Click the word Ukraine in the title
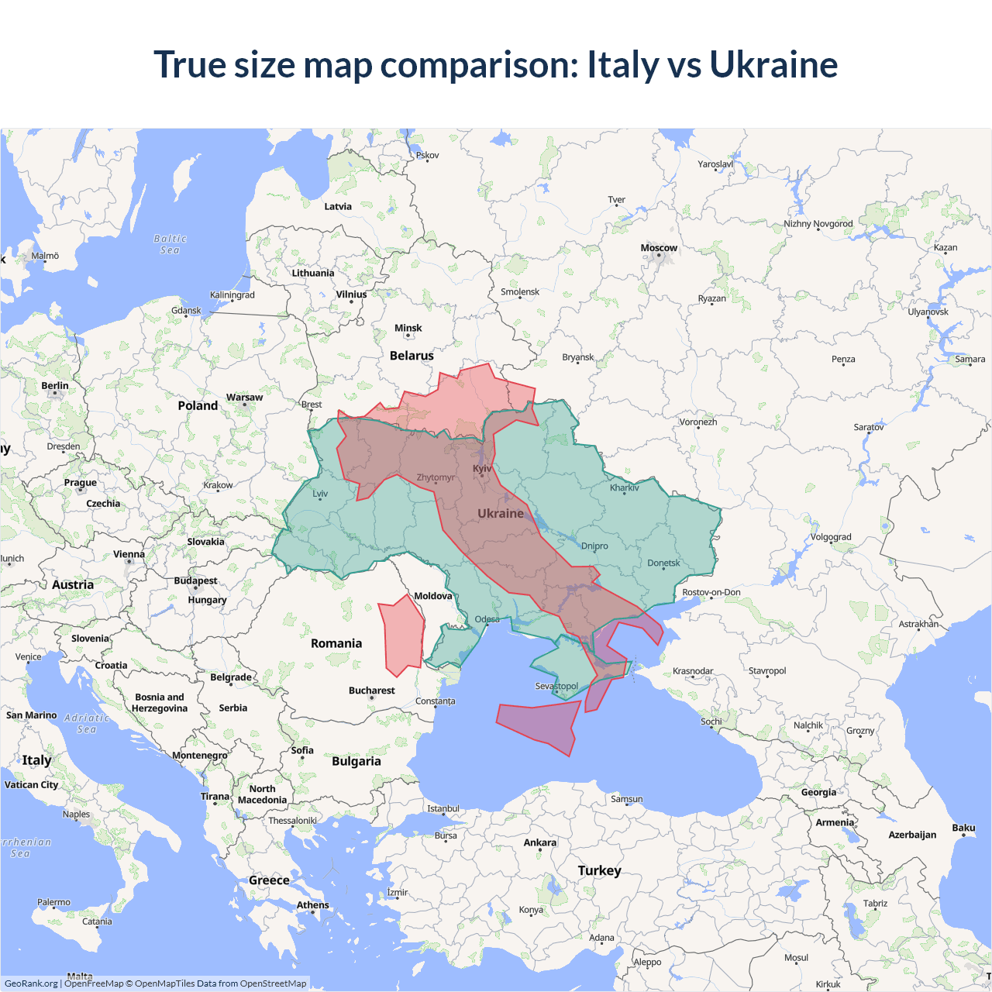pyautogui.click(x=773, y=64)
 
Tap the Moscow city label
pyautogui.click(x=659, y=248)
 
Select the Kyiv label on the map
pyautogui.click(x=482, y=469)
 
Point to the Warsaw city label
pyautogui.click(x=244, y=398)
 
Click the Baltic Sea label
pyautogui.click(x=170, y=244)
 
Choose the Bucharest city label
pyautogui.click(x=371, y=691)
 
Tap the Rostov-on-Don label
pyautogui.click(x=711, y=592)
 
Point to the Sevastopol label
pyautogui.click(x=556, y=686)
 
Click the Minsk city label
pyautogui.click(x=408, y=328)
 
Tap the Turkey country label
pyautogui.click(x=599, y=870)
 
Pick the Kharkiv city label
pyautogui.click(x=624, y=487)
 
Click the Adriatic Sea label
pyautogui.click(x=87, y=723)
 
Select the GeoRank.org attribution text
pyautogui.click(x=31, y=983)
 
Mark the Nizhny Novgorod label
pyautogui.click(x=818, y=224)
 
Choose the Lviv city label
pyautogui.click(x=320, y=494)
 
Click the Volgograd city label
pyautogui.click(x=831, y=537)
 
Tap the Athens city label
pyautogui.click(x=312, y=905)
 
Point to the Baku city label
pyautogui.click(x=963, y=828)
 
